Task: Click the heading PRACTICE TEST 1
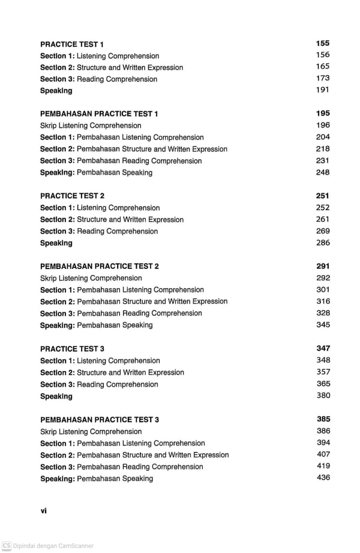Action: pos(72,44)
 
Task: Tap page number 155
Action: pos(323,43)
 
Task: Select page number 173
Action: pos(323,78)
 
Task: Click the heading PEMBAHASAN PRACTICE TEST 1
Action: pos(99,113)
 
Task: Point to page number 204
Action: pos(323,137)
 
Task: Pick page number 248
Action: pos(323,172)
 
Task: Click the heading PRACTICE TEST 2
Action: pos(72,196)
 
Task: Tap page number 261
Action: pos(323,219)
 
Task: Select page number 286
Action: pos(323,243)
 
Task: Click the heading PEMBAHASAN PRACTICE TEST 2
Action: pos(100,266)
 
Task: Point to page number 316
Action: pos(323,301)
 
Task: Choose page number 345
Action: pos(323,325)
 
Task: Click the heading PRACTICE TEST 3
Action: pos(72,349)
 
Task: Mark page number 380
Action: pos(323,396)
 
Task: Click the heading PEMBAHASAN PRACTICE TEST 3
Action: pos(100,420)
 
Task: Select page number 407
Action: pos(323,454)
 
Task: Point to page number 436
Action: pos(323,477)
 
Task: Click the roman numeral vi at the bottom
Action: pos(43,511)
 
